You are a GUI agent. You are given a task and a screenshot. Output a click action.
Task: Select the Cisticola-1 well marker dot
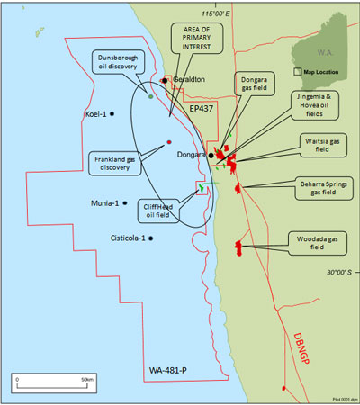click(151, 238)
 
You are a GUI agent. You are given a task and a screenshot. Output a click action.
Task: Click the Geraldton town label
click(188, 79)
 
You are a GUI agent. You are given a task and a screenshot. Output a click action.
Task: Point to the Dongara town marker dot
click(211, 154)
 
